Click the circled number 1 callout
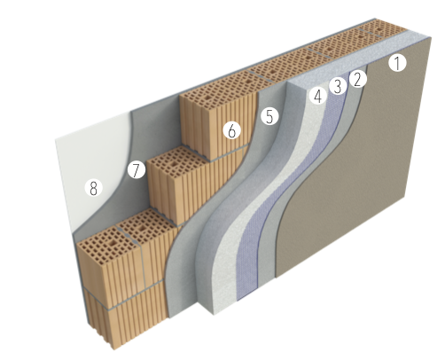click(397, 63)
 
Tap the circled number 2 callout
click(358, 79)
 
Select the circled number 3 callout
click(338, 86)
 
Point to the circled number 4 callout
click(317, 96)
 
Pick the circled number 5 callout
click(269, 116)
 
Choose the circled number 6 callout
click(232, 130)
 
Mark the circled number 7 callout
click(137, 170)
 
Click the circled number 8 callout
click(93, 188)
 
